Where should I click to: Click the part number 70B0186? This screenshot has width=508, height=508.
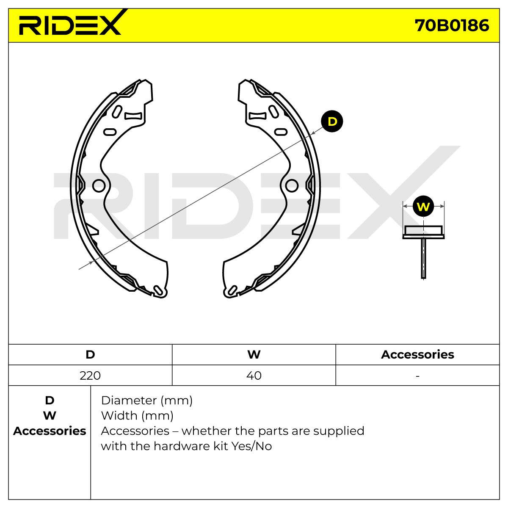tap(452, 25)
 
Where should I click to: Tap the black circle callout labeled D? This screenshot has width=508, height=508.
tap(331, 121)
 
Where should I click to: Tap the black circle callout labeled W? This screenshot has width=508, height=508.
tap(423, 207)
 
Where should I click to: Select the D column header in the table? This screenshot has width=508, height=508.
tap(90, 354)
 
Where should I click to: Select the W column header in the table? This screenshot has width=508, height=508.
tap(254, 354)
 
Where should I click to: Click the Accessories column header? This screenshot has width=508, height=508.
tap(417, 354)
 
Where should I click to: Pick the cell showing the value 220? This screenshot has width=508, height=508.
tap(90, 375)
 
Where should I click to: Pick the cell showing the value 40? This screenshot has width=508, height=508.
tap(254, 375)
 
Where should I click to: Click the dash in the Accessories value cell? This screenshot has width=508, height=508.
tap(417, 375)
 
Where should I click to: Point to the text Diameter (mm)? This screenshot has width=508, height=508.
tap(146, 400)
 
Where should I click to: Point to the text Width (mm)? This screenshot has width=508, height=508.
tap(137, 416)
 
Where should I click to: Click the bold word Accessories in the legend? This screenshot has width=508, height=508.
tap(50, 431)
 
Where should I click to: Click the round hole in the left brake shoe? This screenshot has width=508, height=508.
tap(99, 185)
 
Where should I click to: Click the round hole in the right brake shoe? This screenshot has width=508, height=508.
tap(292, 185)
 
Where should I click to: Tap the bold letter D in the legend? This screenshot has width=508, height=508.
tap(50, 400)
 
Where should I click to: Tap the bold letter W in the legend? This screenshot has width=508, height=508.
tap(50, 416)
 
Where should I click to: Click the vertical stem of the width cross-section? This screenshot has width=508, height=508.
tap(423, 258)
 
